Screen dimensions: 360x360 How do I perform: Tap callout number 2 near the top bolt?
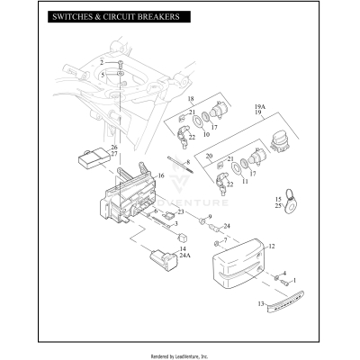[101, 61]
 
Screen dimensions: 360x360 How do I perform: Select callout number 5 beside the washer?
[101, 74]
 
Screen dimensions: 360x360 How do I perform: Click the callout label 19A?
[259, 105]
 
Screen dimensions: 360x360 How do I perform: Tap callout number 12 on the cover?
[273, 245]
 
